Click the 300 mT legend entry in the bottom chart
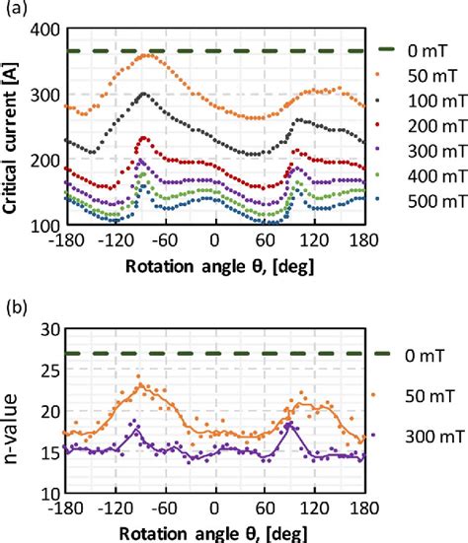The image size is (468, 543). tap(415, 435)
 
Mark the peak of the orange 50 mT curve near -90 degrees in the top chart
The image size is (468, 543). tap(145, 55)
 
